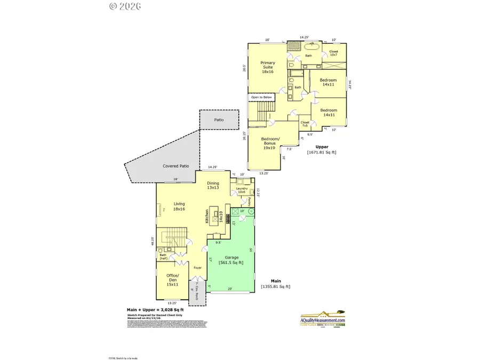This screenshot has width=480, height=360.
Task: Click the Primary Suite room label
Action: (x=267, y=68)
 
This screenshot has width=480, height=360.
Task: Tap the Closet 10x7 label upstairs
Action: (x=334, y=53)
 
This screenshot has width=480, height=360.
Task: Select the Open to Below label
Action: (x=261, y=97)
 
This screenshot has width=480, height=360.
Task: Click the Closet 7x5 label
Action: (x=305, y=124)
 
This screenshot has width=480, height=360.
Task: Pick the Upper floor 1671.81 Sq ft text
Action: (x=322, y=149)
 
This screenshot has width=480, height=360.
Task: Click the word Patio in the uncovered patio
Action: (x=219, y=120)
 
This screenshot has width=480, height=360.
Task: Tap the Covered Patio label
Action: (x=176, y=166)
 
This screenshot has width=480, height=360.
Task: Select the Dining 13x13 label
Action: (x=213, y=185)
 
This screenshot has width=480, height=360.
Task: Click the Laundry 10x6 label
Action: (x=237, y=190)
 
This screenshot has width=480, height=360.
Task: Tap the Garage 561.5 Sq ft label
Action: (x=231, y=260)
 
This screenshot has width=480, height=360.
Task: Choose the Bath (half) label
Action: (x=163, y=257)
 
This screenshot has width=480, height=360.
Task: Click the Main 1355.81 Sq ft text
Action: (x=275, y=284)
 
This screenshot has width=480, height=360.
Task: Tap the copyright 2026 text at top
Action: (x=124, y=6)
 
